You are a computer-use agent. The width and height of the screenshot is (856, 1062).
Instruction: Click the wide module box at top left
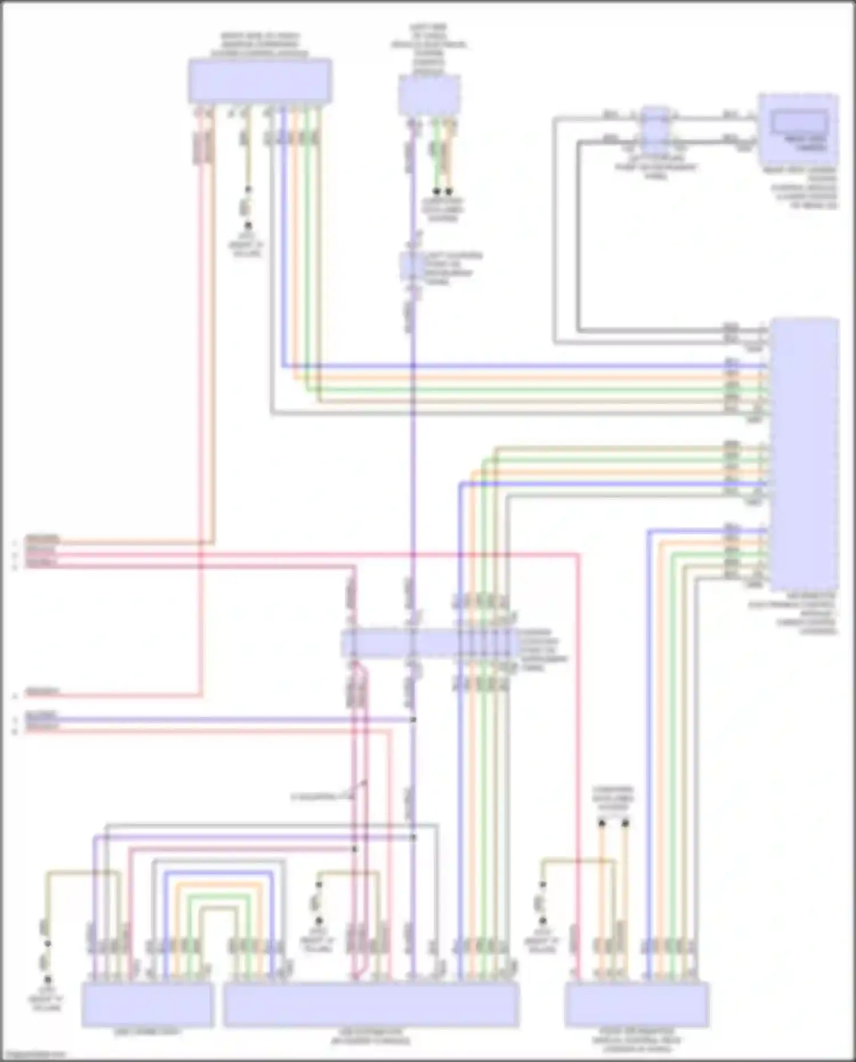[260, 81]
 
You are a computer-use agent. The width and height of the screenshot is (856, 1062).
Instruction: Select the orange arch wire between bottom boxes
[220, 884]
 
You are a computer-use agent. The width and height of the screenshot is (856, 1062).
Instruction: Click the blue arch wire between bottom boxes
[220, 873]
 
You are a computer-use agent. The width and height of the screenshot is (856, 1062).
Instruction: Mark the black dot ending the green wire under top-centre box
[437, 191]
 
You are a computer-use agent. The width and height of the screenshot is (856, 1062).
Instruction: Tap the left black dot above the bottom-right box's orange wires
[601, 823]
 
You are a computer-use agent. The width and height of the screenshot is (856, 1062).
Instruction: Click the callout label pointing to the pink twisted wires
[322, 796]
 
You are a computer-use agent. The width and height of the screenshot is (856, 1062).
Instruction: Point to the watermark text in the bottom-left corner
[33, 1053]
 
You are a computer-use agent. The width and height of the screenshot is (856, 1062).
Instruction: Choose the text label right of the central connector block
[542, 649]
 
